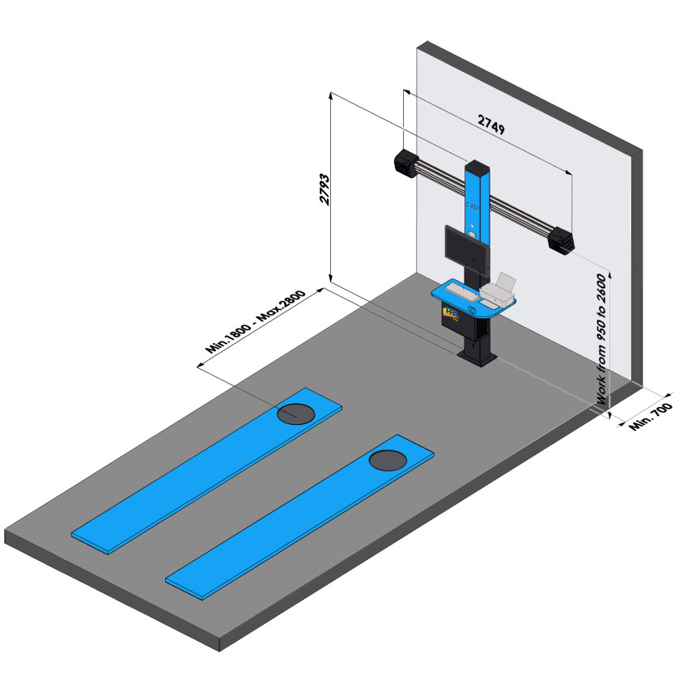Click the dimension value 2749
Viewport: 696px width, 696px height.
(491, 125)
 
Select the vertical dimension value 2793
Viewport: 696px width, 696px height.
(325, 189)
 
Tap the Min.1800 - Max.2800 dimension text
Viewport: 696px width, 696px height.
(255, 321)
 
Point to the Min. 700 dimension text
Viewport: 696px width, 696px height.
(651, 416)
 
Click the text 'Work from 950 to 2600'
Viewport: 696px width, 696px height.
(601, 340)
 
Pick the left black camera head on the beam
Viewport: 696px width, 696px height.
(405, 163)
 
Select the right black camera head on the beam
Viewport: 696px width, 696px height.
(561, 241)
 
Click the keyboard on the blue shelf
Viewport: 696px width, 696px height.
(462, 291)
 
